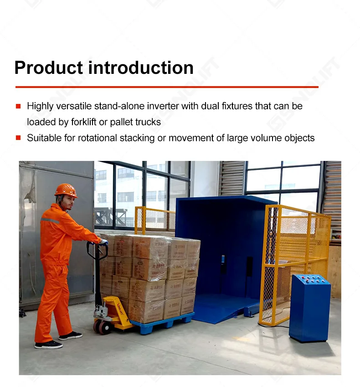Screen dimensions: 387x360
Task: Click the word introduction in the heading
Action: coord(141,68)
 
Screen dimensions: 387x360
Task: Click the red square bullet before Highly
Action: coord(18,106)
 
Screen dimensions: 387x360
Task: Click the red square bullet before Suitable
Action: coord(18,138)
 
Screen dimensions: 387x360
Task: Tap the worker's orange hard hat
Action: coord(66,190)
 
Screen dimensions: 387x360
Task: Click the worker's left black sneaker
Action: coord(49,345)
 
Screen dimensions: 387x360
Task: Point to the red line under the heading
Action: coord(167,87)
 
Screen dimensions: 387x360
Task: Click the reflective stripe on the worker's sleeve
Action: coord(50,221)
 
